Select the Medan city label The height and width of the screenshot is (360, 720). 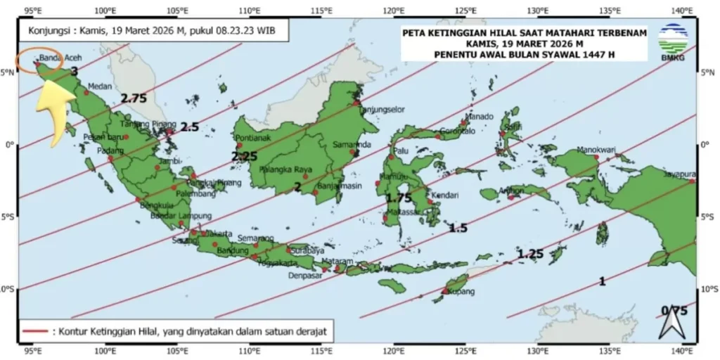pos(100,87)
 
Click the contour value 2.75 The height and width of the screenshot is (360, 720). pos(133,98)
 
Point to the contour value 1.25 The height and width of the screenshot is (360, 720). pos(531,254)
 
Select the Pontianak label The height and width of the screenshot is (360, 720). pos(254,138)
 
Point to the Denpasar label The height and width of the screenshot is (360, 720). pos(304,276)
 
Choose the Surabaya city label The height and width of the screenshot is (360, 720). pos(307,250)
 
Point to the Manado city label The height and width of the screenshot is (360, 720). pos(480,116)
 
